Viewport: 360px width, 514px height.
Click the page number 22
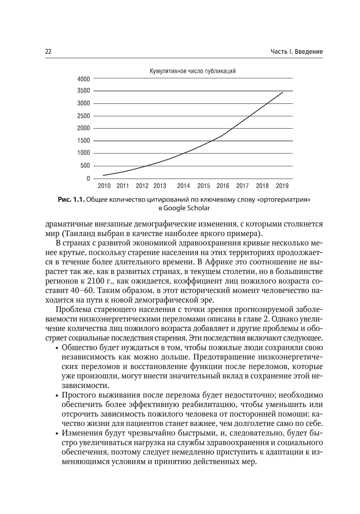pos(48,52)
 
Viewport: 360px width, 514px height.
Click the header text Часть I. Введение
pos(297,52)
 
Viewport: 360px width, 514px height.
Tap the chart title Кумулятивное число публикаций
pos(193,71)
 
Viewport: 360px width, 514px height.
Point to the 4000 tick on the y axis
pos(84,78)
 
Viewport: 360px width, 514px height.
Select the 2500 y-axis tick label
pos(84,116)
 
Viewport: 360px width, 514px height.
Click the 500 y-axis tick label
pos(85,166)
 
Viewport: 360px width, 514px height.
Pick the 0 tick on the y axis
pos(88,178)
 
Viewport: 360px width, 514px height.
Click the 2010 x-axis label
pos(104,186)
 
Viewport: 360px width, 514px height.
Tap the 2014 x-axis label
pos(184,186)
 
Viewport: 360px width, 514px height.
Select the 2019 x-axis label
pos(282,186)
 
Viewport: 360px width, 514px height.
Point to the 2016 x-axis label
pos(223,186)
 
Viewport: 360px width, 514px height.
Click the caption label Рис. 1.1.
pos(71,200)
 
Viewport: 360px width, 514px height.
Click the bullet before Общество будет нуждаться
pos(57,348)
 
